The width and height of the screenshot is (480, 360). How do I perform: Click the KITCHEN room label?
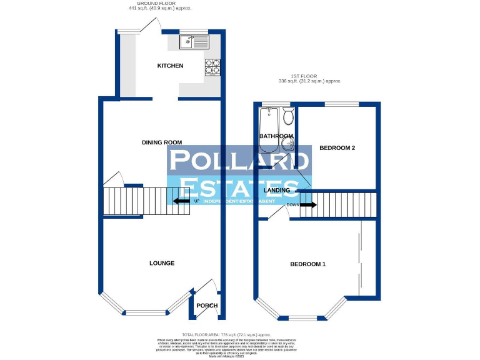170,66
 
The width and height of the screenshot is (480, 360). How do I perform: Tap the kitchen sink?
194,42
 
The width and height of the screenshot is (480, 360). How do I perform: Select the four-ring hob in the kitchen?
211,66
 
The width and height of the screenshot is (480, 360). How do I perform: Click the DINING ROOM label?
161,142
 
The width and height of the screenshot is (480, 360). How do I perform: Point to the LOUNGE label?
161,263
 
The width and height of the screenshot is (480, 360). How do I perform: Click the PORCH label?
207,306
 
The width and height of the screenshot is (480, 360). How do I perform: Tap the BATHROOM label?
276,136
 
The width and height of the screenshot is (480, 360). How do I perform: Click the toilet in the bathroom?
288,116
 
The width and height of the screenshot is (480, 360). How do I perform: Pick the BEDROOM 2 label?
337,148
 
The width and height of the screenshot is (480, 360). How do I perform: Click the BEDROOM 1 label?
307,264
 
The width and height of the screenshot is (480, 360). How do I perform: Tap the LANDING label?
276,190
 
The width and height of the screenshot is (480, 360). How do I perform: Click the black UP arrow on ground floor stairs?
181,201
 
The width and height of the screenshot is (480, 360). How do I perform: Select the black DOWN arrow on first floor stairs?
307,204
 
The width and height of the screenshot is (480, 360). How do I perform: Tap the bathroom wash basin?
289,144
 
